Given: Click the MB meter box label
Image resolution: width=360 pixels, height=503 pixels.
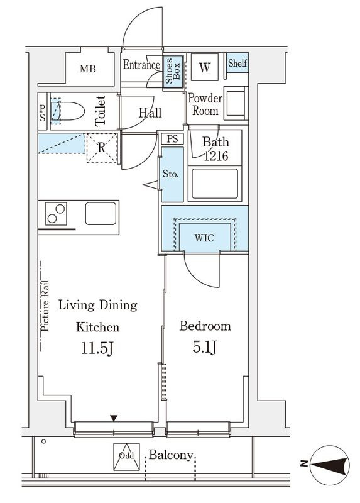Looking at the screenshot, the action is pyautogui.click(x=88, y=69).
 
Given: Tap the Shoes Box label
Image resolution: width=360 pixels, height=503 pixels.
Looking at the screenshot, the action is pyautogui.click(x=173, y=71).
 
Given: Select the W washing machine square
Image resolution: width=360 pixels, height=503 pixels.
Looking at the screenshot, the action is pyautogui.click(x=205, y=67).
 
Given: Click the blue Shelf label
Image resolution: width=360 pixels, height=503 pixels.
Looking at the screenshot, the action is pyautogui.click(x=237, y=63).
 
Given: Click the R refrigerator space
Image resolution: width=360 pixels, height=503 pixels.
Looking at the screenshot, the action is pyautogui.click(x=101, y=148).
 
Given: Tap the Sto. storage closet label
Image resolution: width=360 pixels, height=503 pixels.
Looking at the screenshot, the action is pyautogui.click(x=170, y=174).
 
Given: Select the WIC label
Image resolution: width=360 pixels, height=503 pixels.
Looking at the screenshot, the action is pyautogui.click(x=204, y=238).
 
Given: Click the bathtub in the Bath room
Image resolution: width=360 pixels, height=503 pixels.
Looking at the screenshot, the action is pyautogui.click(x=215, y=184).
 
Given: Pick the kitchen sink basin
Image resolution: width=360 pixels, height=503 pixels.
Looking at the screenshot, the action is pyautogui.click(x=101, y=213).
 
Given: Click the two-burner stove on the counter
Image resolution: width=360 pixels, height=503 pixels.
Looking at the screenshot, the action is pyautogui.click(x=56, y=214).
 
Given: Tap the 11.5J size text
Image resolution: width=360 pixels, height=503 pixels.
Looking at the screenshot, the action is pyautogui.click(x=97, y=348).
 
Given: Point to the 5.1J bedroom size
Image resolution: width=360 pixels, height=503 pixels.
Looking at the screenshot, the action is pyautogui.click(x=205, y=347).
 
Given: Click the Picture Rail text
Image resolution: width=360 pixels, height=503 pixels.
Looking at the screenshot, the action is pyautogui.click(x=45, y=306).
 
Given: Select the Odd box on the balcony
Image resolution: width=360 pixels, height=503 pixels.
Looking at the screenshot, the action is pyautogui.click(x=127, y=457).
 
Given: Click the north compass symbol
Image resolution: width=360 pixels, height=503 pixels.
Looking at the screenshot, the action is pyautogui.click(x=330, y=465).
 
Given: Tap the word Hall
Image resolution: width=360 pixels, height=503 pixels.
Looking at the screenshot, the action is pyautogui.click(x=150, y=113).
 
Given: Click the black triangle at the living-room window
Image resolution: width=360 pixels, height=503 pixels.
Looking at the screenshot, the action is pyautogui.click(x=114, y=418).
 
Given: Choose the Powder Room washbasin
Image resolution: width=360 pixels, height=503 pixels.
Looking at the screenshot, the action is pyautogui.click(x=236, y=103).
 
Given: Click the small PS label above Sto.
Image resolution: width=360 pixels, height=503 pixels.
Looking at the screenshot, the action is pyautogui.click(x=173, y=139).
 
